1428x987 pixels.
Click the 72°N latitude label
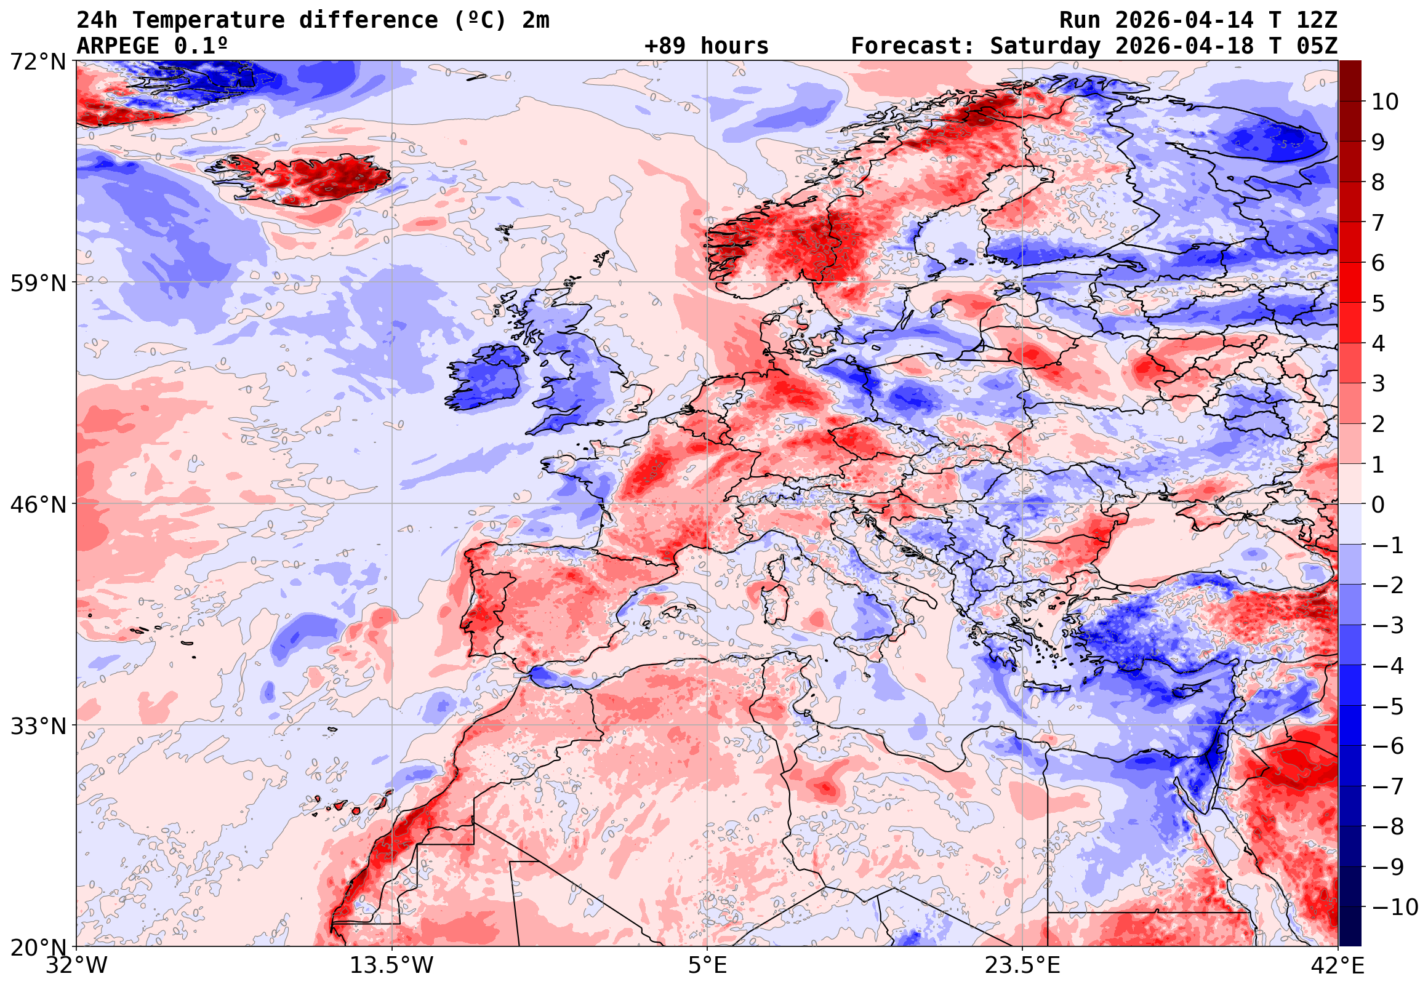(x=38, y=62)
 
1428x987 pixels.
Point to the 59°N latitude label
(x=38, y=284)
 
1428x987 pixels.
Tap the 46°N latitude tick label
(x=38, y=505)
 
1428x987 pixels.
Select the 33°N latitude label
(x=38, y=726)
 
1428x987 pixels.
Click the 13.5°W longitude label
(x=392, y=965)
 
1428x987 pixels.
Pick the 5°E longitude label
(x=707, y=965)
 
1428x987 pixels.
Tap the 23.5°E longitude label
(x=1022, y=965)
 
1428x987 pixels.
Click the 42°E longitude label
(x=1337, y=965)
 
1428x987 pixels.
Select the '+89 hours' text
(x=706, y=46)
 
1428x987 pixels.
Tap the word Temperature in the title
(x=208, y=20)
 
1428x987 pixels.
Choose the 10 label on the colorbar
(x=1385, y=102)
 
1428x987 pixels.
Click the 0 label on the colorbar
(x=1378, y=505)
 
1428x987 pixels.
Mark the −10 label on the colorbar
(x=1395, y=908)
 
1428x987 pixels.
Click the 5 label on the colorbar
(x=1378, y=303)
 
